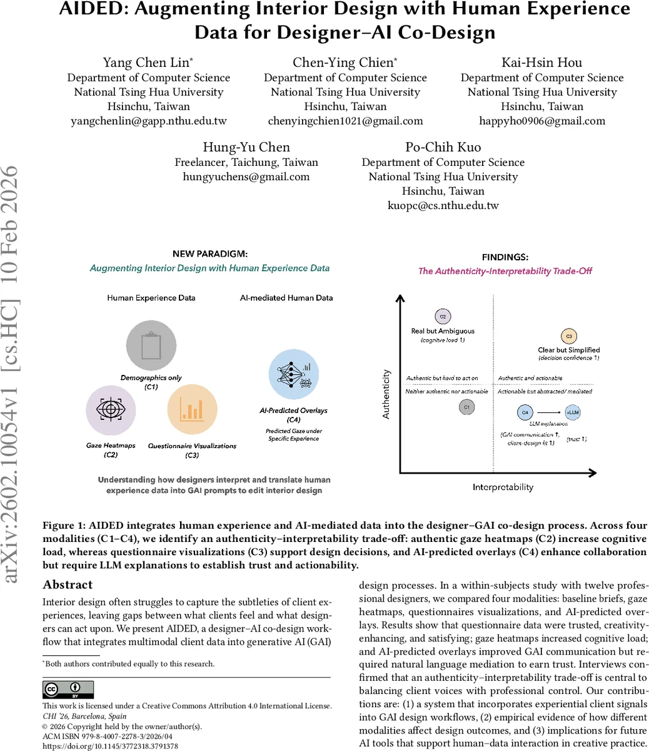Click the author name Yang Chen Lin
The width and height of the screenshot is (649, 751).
148,63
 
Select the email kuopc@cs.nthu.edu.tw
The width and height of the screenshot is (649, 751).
443,205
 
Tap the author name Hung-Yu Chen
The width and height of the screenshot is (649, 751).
246,147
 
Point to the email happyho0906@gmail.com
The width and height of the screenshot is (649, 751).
542,121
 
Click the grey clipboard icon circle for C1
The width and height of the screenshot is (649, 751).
151,345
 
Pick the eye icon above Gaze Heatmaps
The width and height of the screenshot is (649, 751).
111,410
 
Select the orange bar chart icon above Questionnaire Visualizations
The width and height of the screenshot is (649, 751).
192,410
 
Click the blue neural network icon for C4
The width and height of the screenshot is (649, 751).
294,375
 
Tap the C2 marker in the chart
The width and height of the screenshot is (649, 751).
443,317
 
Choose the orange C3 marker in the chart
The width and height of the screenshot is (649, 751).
568,336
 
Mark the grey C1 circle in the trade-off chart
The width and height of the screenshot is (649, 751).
466,407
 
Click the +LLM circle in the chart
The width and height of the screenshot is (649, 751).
572,412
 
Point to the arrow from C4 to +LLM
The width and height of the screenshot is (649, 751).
548,412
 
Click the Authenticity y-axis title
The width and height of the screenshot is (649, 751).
386,394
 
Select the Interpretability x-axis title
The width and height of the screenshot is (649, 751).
503,487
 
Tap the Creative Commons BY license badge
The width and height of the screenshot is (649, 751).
68,689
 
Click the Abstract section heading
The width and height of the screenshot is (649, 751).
68,585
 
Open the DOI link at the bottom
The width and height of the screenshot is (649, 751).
110,746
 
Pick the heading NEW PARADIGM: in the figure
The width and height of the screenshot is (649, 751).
209,254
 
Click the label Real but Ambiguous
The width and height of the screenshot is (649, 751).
443,331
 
